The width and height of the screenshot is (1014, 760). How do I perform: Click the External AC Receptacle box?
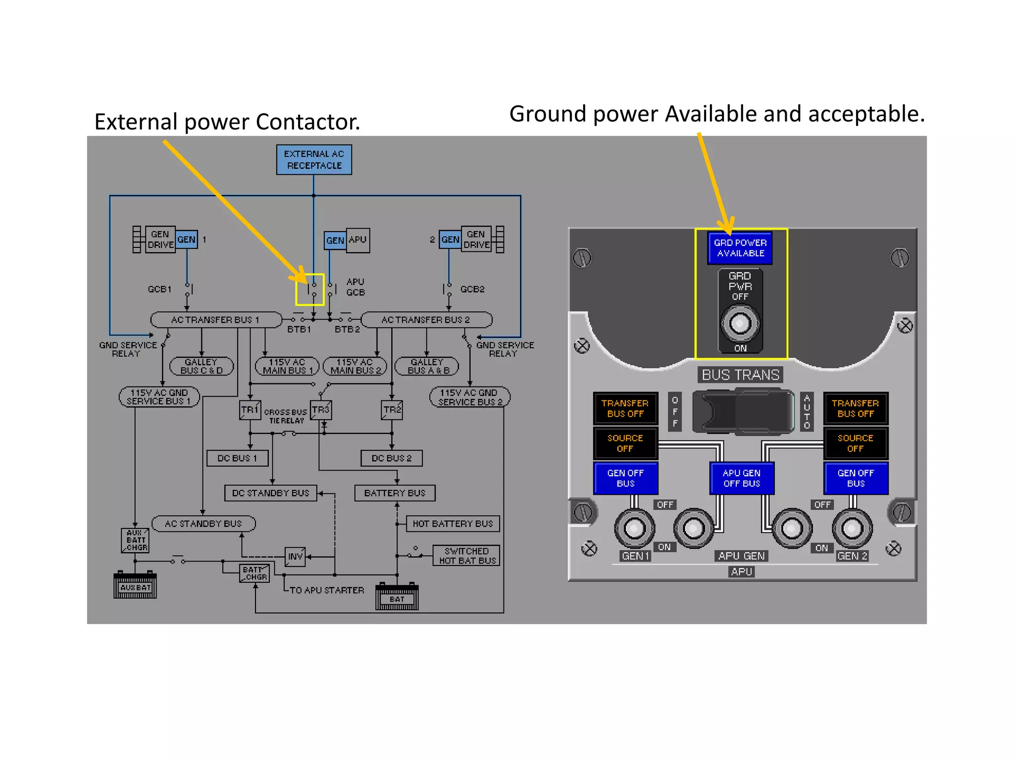tap(314, 159)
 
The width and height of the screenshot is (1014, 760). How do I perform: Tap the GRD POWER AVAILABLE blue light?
tap(740, 248)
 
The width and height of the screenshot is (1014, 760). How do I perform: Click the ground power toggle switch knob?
tap(740, 324)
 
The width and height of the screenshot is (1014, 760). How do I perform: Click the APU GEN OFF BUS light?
tap(741, 478)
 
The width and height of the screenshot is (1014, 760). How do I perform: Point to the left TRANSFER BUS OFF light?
tap(625, 408)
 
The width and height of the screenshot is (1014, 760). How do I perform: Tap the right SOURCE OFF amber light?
tap(855, 443)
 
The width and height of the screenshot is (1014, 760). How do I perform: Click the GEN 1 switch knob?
tap(634, 528)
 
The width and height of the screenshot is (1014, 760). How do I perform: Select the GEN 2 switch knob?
tap(852, 528)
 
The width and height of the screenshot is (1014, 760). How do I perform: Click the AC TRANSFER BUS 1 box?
tap(215, 320)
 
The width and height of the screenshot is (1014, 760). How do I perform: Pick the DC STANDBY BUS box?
tap(270, 493)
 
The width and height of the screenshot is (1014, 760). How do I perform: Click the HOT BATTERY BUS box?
tap(453, 523)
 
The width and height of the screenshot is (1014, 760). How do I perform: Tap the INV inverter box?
tap(295, 557)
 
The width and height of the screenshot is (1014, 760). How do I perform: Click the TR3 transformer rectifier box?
tap(321, 410)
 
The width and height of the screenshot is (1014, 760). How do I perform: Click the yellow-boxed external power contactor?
tap(310, 289)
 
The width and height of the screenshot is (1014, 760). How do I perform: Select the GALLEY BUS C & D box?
tap(201, 366)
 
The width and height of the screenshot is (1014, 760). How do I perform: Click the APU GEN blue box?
tap(335, 240)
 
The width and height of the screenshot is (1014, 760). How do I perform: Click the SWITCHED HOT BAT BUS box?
tap(466, 556)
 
